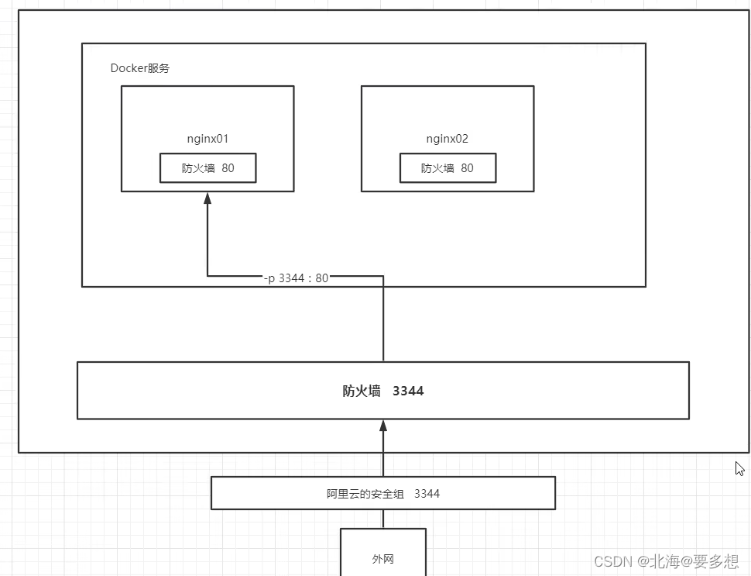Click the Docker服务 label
pyautogui.click(x=140, y=68)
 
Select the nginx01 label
pyautogui.click(x=207, y=139)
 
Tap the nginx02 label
pyautogui.click(x=448, y=139)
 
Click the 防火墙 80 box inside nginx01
pyautogui.click(x=207, y=168)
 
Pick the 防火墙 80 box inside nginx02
pyautogui.click(x=448, y=168)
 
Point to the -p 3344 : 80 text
pyautogui.click(x=296, y=278)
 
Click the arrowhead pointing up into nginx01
pyautogui.click(x=207, y=198)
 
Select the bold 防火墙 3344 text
pyautogui.click(x=383, y=391)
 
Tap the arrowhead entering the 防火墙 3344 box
pyautogui.click(x=383, y=426)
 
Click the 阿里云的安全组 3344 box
pyautogui.click(x=383, y=493)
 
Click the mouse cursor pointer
pyautogui.click(x=739, y=468)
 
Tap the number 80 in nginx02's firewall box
pyautogui.click(x=467, y=168)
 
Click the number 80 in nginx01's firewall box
pyautogui.click(x=228, y=168)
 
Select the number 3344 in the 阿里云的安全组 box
pyautogui.click(x=427, y=493)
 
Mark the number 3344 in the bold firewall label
pyautogui.click(x=408, y=391)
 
